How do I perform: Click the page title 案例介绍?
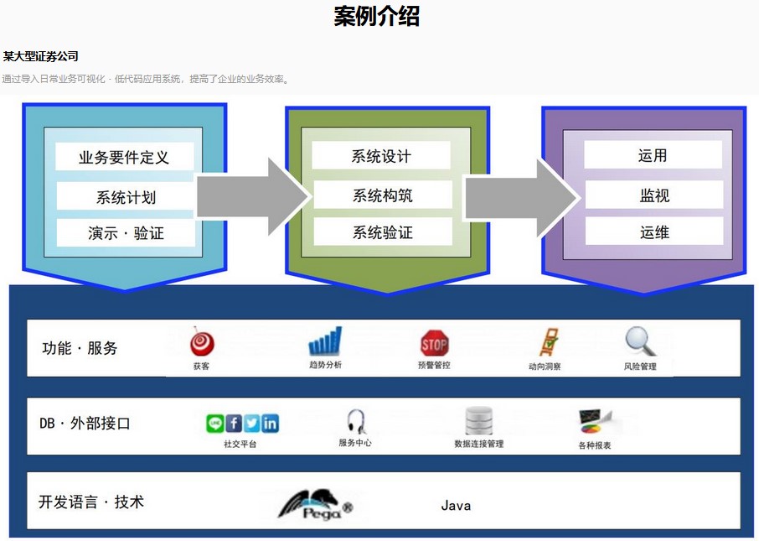377,16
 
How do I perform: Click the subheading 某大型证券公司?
40,57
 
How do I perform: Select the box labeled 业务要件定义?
124,157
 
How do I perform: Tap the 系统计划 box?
126,197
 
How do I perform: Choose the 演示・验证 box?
126,233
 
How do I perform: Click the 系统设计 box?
381,156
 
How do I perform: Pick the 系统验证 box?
382,232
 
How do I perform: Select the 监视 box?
653,195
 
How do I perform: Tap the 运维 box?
653,232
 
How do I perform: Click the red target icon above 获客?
202,342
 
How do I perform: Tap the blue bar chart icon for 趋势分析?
325,341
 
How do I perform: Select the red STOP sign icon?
434,342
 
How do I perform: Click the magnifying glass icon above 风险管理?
640,341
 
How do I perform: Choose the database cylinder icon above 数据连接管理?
479,420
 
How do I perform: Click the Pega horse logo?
314,504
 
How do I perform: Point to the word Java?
456,506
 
